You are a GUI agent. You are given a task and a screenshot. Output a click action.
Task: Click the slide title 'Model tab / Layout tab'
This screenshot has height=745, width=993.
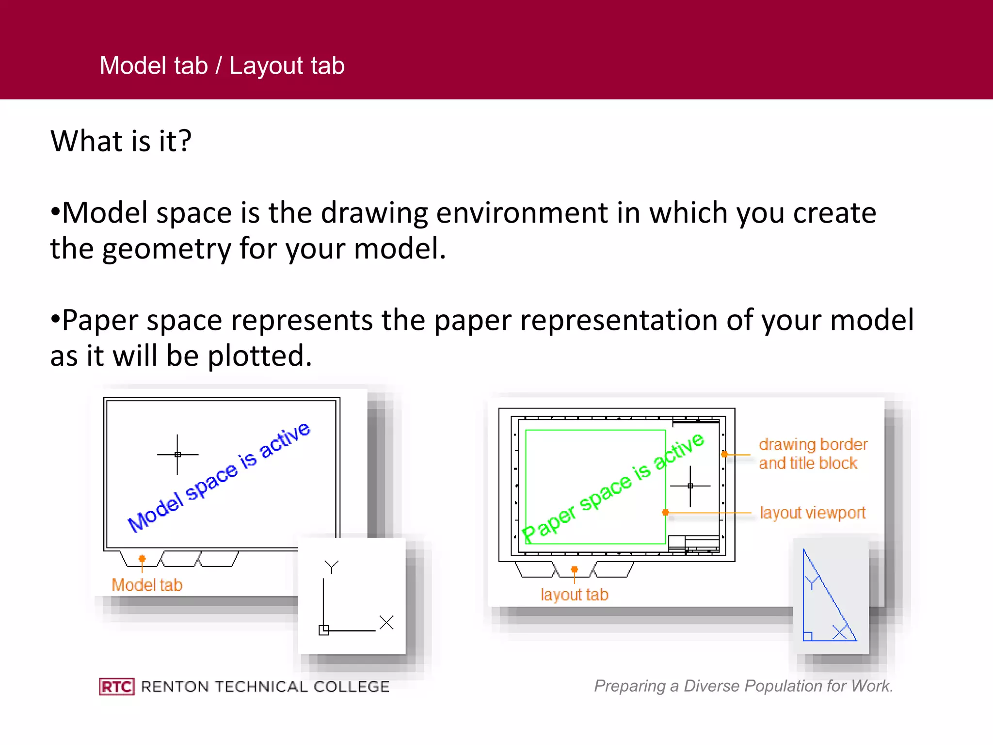tap(222, 65)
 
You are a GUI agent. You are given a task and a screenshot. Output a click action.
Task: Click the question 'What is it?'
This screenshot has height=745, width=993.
tap(121, 141)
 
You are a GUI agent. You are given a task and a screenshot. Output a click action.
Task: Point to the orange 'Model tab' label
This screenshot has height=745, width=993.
tap(147, 585)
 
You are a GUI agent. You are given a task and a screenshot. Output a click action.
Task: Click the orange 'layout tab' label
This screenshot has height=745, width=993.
tap(574, 595)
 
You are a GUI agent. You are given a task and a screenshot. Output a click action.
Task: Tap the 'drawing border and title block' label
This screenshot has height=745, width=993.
tap(813, 454)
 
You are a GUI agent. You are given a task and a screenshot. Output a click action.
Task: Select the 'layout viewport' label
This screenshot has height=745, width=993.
tap(813, 513)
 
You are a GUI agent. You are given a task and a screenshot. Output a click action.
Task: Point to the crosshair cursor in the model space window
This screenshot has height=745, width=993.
tap(177, 454)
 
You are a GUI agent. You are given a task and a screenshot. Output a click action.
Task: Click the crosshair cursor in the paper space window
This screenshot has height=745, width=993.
tap(690, 486)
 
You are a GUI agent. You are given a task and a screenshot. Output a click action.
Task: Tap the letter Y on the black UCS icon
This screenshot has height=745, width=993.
tap(332, 566)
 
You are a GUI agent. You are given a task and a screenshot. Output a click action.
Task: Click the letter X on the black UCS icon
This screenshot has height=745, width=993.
tap(386, 622)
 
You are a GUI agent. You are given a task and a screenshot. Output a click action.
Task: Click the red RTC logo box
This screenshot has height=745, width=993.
tap(116, 686)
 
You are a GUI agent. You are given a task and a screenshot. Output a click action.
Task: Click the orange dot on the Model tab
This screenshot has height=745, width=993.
tap(142, 558)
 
